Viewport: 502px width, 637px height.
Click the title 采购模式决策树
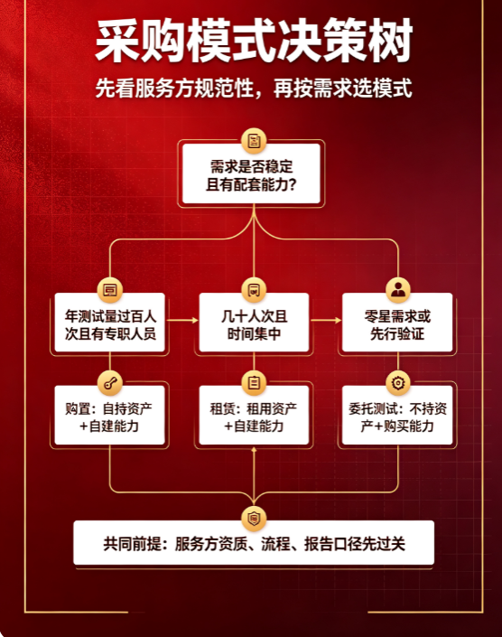[x=254, y=41]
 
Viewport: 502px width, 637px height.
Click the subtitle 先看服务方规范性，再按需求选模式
[x=254, y=89]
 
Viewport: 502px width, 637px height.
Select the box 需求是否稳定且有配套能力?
[x=251, y=173]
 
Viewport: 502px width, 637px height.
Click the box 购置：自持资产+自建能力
[x=110, y=415]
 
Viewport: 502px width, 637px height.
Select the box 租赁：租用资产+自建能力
[x=254, y=415]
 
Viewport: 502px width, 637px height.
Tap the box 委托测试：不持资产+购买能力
[x=397, y=415]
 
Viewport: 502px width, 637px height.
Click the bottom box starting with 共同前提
[x=254, y=543]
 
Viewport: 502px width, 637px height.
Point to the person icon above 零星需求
[x=397, y=290]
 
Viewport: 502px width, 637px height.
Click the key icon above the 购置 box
[x=110, y=383]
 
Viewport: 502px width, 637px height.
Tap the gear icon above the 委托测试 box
[x=397, y=383]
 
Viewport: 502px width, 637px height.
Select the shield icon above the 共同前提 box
[x=254, y=519]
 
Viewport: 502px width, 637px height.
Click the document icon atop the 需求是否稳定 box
[x=254, y=141]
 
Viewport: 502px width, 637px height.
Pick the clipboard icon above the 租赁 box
[x=254, y=383]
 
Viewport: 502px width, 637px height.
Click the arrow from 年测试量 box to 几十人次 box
[x=182, y=321]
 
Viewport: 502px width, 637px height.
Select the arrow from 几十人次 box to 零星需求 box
[x=326, y=321]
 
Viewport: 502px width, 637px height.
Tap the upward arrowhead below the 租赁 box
[x=254, y=450]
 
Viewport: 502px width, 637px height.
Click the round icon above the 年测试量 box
[x=110, y=290]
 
